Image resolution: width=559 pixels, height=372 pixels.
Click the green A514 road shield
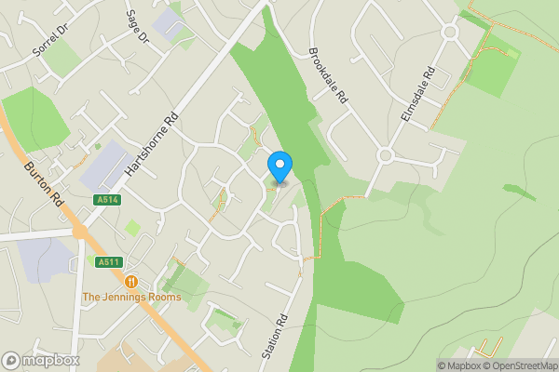click(106, 200)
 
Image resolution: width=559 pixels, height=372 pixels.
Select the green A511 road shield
click(109, 262)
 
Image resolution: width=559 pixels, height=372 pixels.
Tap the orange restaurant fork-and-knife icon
click(131, 281)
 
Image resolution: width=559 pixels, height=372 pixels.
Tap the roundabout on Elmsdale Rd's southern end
click(386, 155)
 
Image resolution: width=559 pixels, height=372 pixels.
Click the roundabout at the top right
click(451, 32)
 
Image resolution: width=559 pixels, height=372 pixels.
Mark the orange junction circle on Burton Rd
click(80, 230)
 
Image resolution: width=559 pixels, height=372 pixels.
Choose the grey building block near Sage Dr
click(170, 22)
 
